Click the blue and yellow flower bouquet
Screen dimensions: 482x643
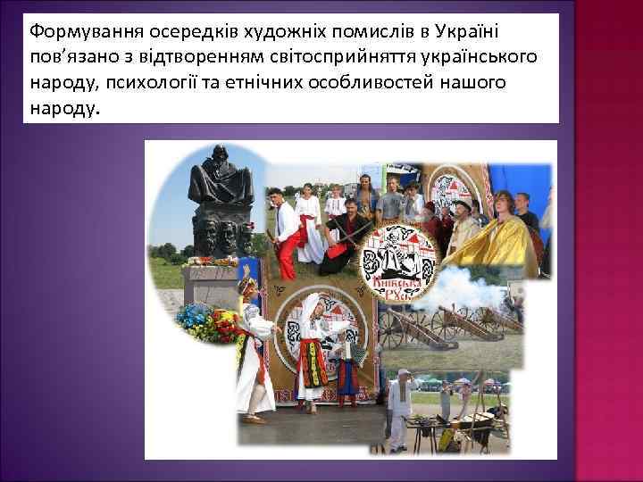(x=201, y=323)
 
